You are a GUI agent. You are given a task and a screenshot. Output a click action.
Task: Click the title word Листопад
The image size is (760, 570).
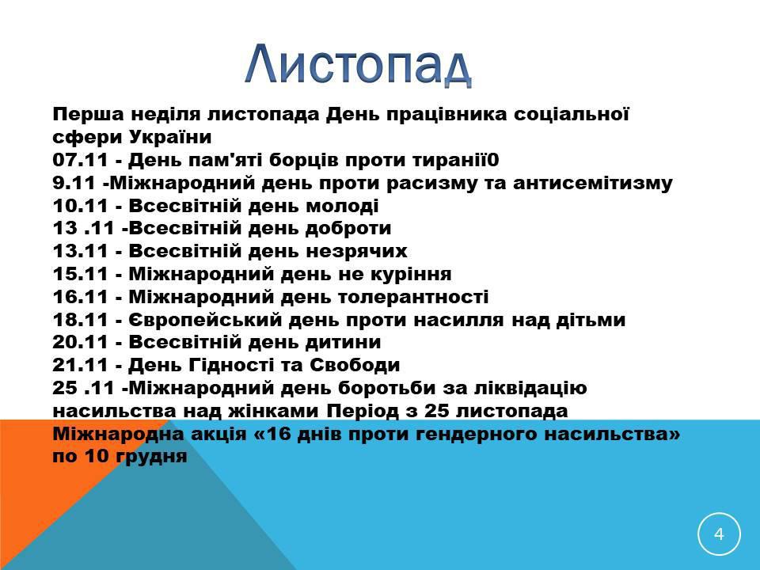(358, 65)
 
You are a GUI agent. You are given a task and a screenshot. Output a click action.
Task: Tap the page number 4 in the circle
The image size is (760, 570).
(719, 534)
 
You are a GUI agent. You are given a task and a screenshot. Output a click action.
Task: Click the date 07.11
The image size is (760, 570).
(81, 160)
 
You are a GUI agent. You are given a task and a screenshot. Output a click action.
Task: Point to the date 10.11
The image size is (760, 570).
(81, 206)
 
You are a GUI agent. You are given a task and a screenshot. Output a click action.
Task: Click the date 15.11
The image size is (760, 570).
(81, 274)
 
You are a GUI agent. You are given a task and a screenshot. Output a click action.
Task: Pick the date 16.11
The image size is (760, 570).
(81, 297)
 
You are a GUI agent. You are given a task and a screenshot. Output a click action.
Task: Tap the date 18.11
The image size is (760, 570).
(81, 319)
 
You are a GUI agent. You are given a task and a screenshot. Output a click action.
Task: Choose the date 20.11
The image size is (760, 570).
(81, 342)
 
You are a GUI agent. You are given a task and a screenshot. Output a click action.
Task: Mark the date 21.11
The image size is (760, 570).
(81, 365)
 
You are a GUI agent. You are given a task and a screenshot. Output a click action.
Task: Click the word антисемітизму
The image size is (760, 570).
(593, 184)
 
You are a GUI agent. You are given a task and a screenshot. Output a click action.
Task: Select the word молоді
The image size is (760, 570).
(342, 207)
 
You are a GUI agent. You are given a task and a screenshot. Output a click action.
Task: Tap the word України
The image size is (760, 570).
(170, 137)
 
